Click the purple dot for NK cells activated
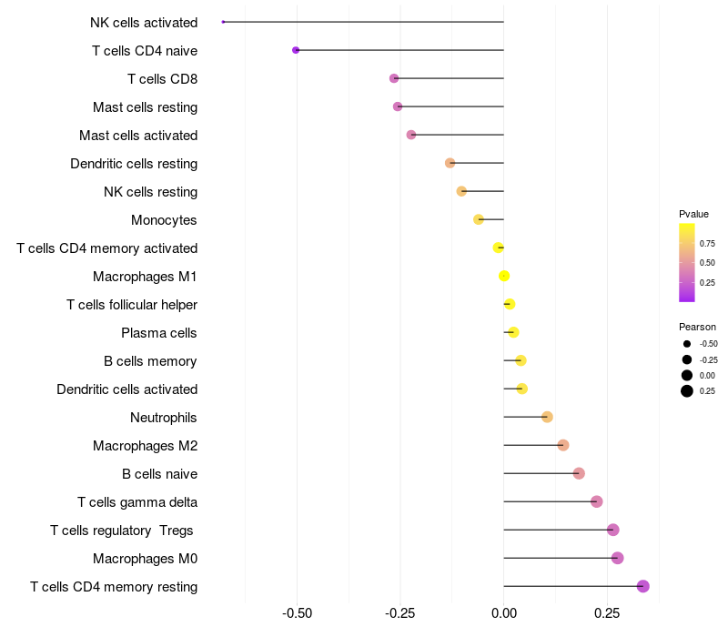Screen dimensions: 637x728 click(x=223, y=22)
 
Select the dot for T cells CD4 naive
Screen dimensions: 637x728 click(x=296, y=50)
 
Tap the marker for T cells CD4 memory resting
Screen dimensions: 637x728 click(x=642, y=586)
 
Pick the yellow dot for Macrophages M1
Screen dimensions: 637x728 click(x=504, y=276)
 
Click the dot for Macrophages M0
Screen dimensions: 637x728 click(x=617, y=558)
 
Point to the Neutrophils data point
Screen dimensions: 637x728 click(x=547, y=417)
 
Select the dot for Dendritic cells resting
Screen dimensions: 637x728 click(x=450, y=163)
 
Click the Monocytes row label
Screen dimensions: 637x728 click(x=164, y=220)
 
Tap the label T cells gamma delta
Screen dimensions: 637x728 click(x=137, y=502)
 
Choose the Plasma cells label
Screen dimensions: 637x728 click(x=159, y=333)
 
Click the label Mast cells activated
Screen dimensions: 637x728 click(x=138, y=136)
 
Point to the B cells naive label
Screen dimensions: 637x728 click(x=159, y=474)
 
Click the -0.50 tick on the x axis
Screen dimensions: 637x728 click(x=298, y=613)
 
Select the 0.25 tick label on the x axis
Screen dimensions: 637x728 click(x=607, y=613)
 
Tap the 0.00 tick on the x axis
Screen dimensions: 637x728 click(x=504, y=613)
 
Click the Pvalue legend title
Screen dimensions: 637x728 click(x=693, y=214)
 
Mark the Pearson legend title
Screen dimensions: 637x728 click(x=697, y=327)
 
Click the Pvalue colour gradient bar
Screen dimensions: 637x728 click(x=687, y=262)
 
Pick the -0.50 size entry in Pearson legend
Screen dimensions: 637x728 click(x=687, y=344)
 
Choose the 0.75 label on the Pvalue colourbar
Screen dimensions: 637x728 click(x=707, y=243)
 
